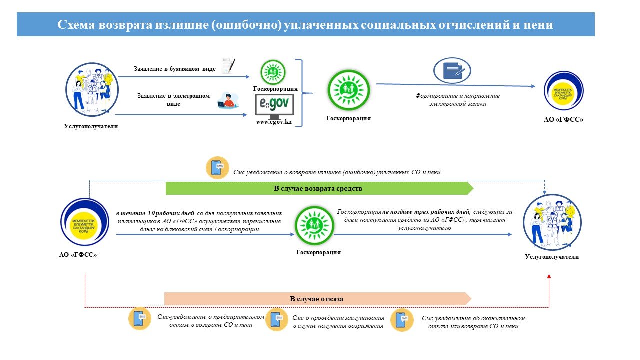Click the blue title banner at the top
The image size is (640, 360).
click(x=305, y=24)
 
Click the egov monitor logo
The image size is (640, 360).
click(x=274, y=106)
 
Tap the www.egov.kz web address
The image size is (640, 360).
click(x=274, y=122)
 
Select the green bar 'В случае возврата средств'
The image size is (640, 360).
click(x=319, y=188)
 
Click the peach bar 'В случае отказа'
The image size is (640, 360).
click(x=317, y=299)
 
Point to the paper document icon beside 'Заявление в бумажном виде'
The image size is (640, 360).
click(x=228, y=66)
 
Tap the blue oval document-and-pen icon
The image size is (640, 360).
click(x=452, y=70)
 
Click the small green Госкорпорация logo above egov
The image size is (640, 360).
click(x=274, y=72)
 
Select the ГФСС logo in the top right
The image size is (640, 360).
click(x=563, y=92)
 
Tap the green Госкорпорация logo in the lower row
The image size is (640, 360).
click(x=314, y=225)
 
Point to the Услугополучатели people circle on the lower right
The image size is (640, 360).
click(x=548, y=222)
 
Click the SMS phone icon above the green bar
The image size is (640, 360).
click(x=217, y=168)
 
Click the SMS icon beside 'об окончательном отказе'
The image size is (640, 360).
click(x=402, y=320)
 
